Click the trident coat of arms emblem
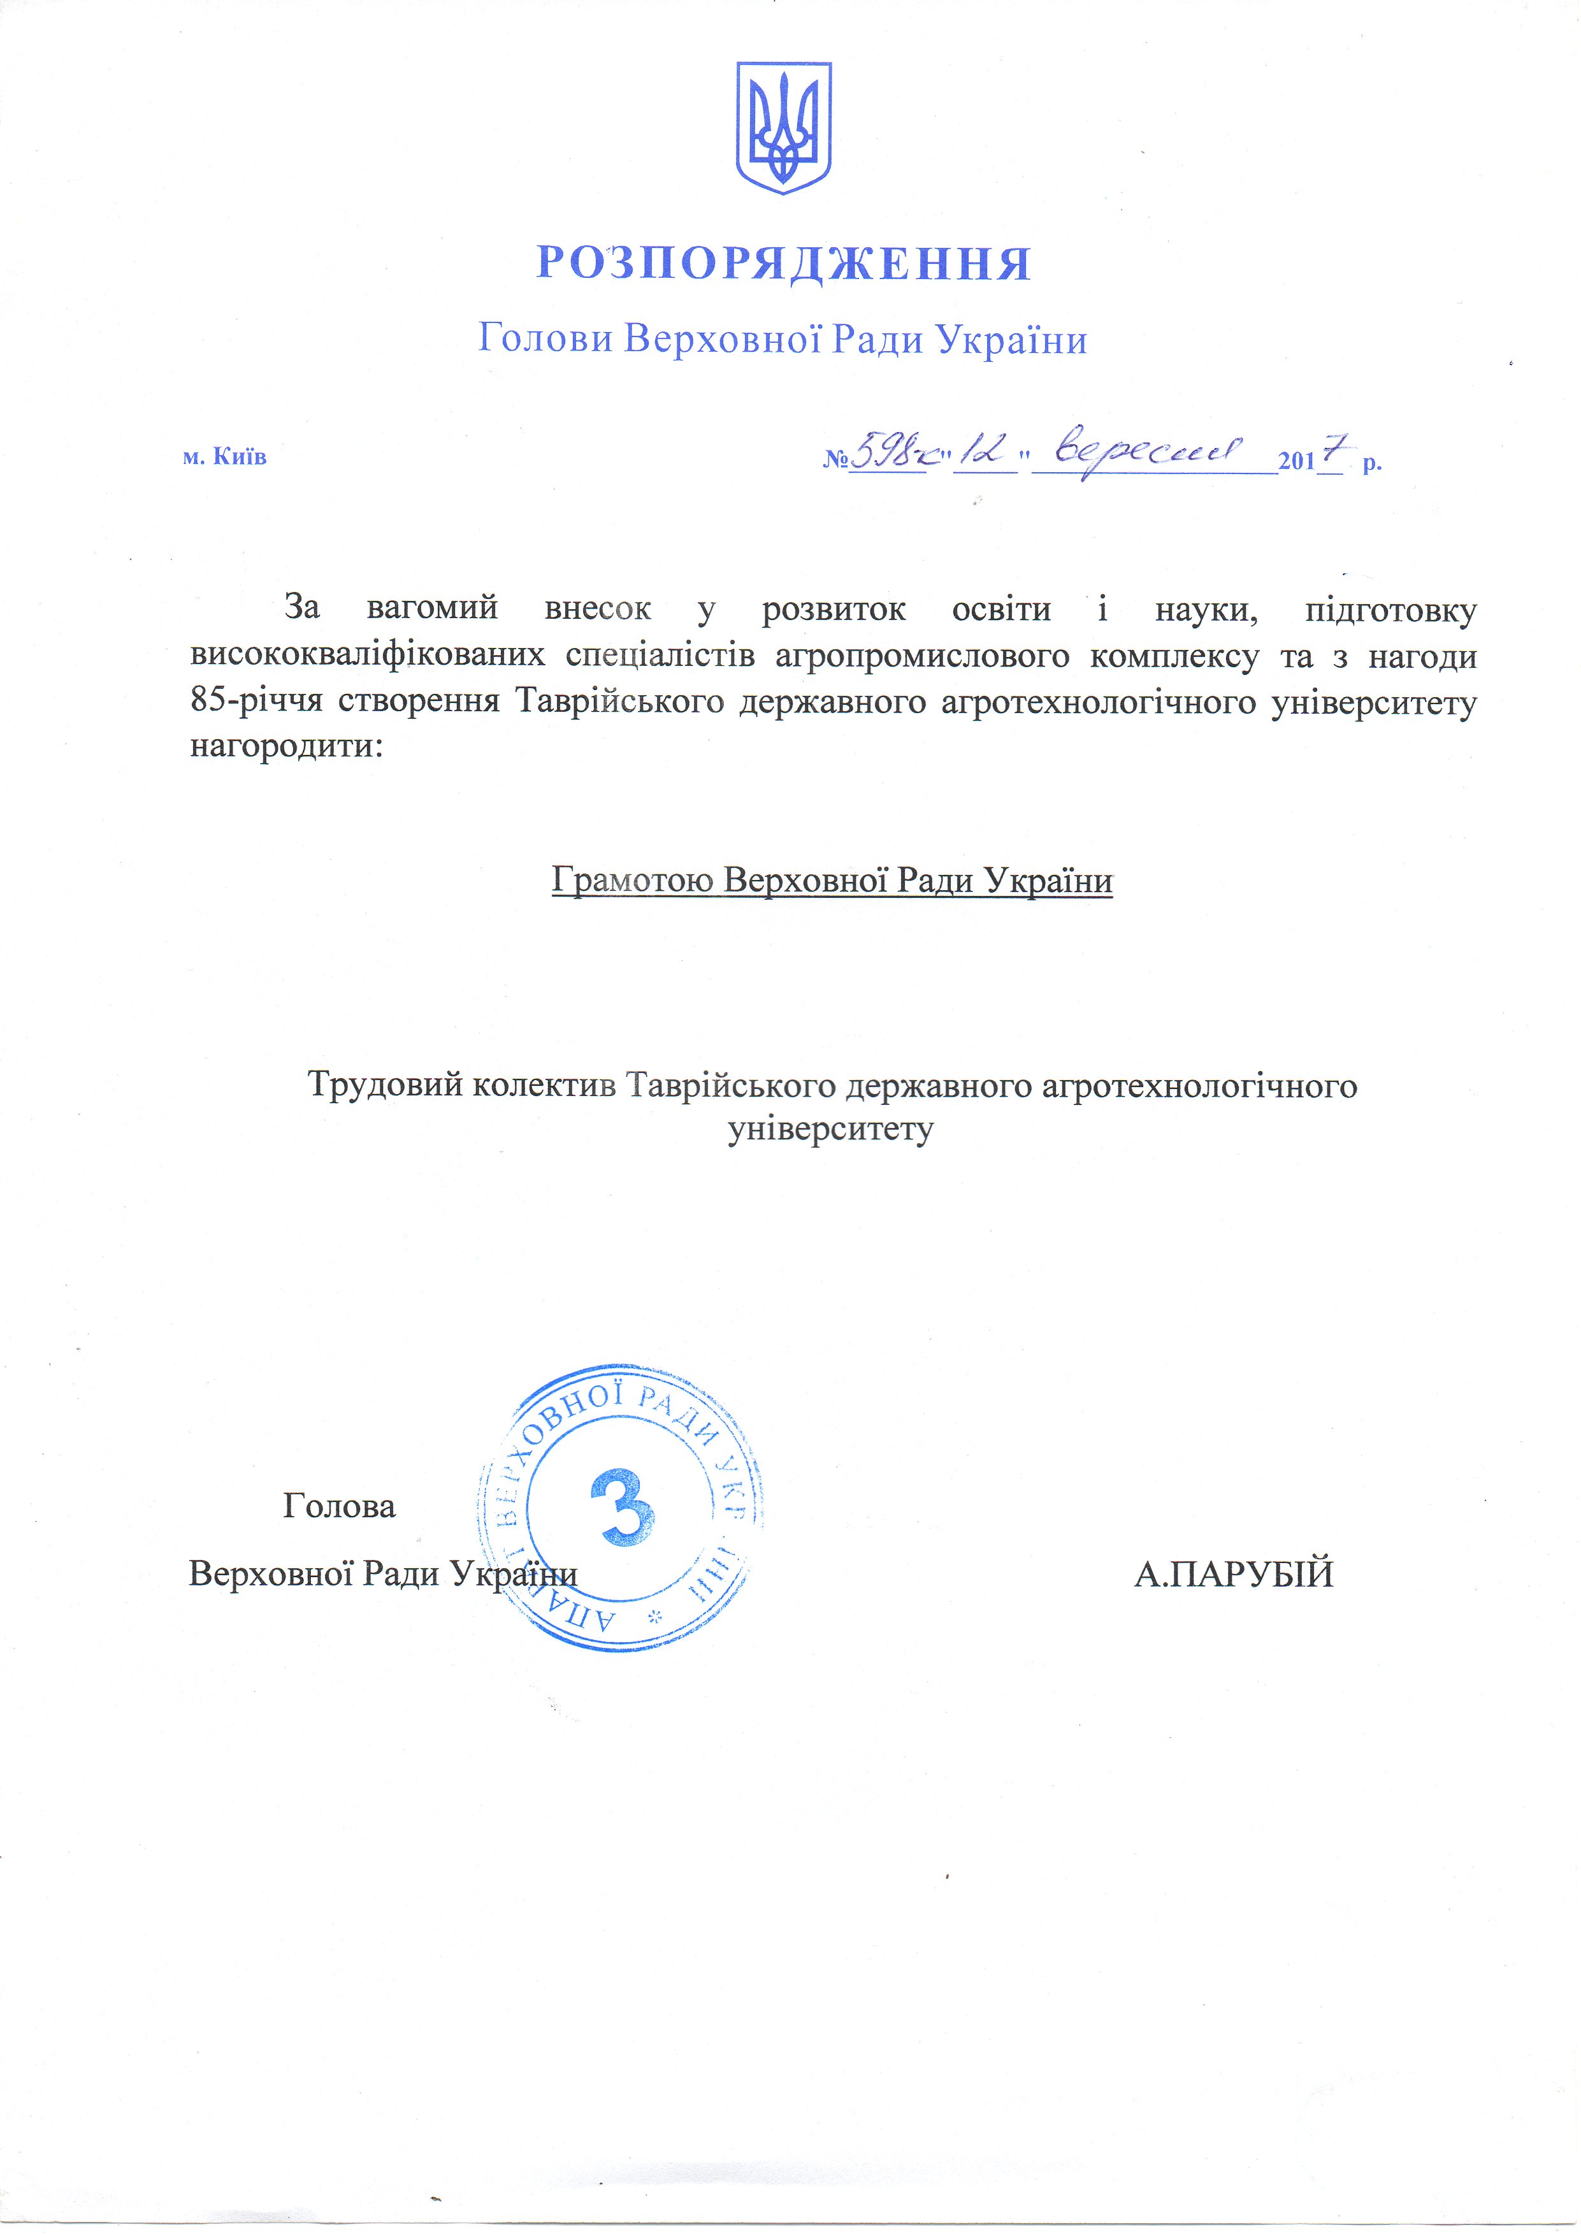coord(783,127)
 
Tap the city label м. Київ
coord(225,457)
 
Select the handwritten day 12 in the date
coord(984,452)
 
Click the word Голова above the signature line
coord(339,1506)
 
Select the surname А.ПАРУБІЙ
coord(1233,1574)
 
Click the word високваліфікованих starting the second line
coord(367,656)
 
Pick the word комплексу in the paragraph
coord(1174,656)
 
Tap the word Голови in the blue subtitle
coord(545,339)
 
